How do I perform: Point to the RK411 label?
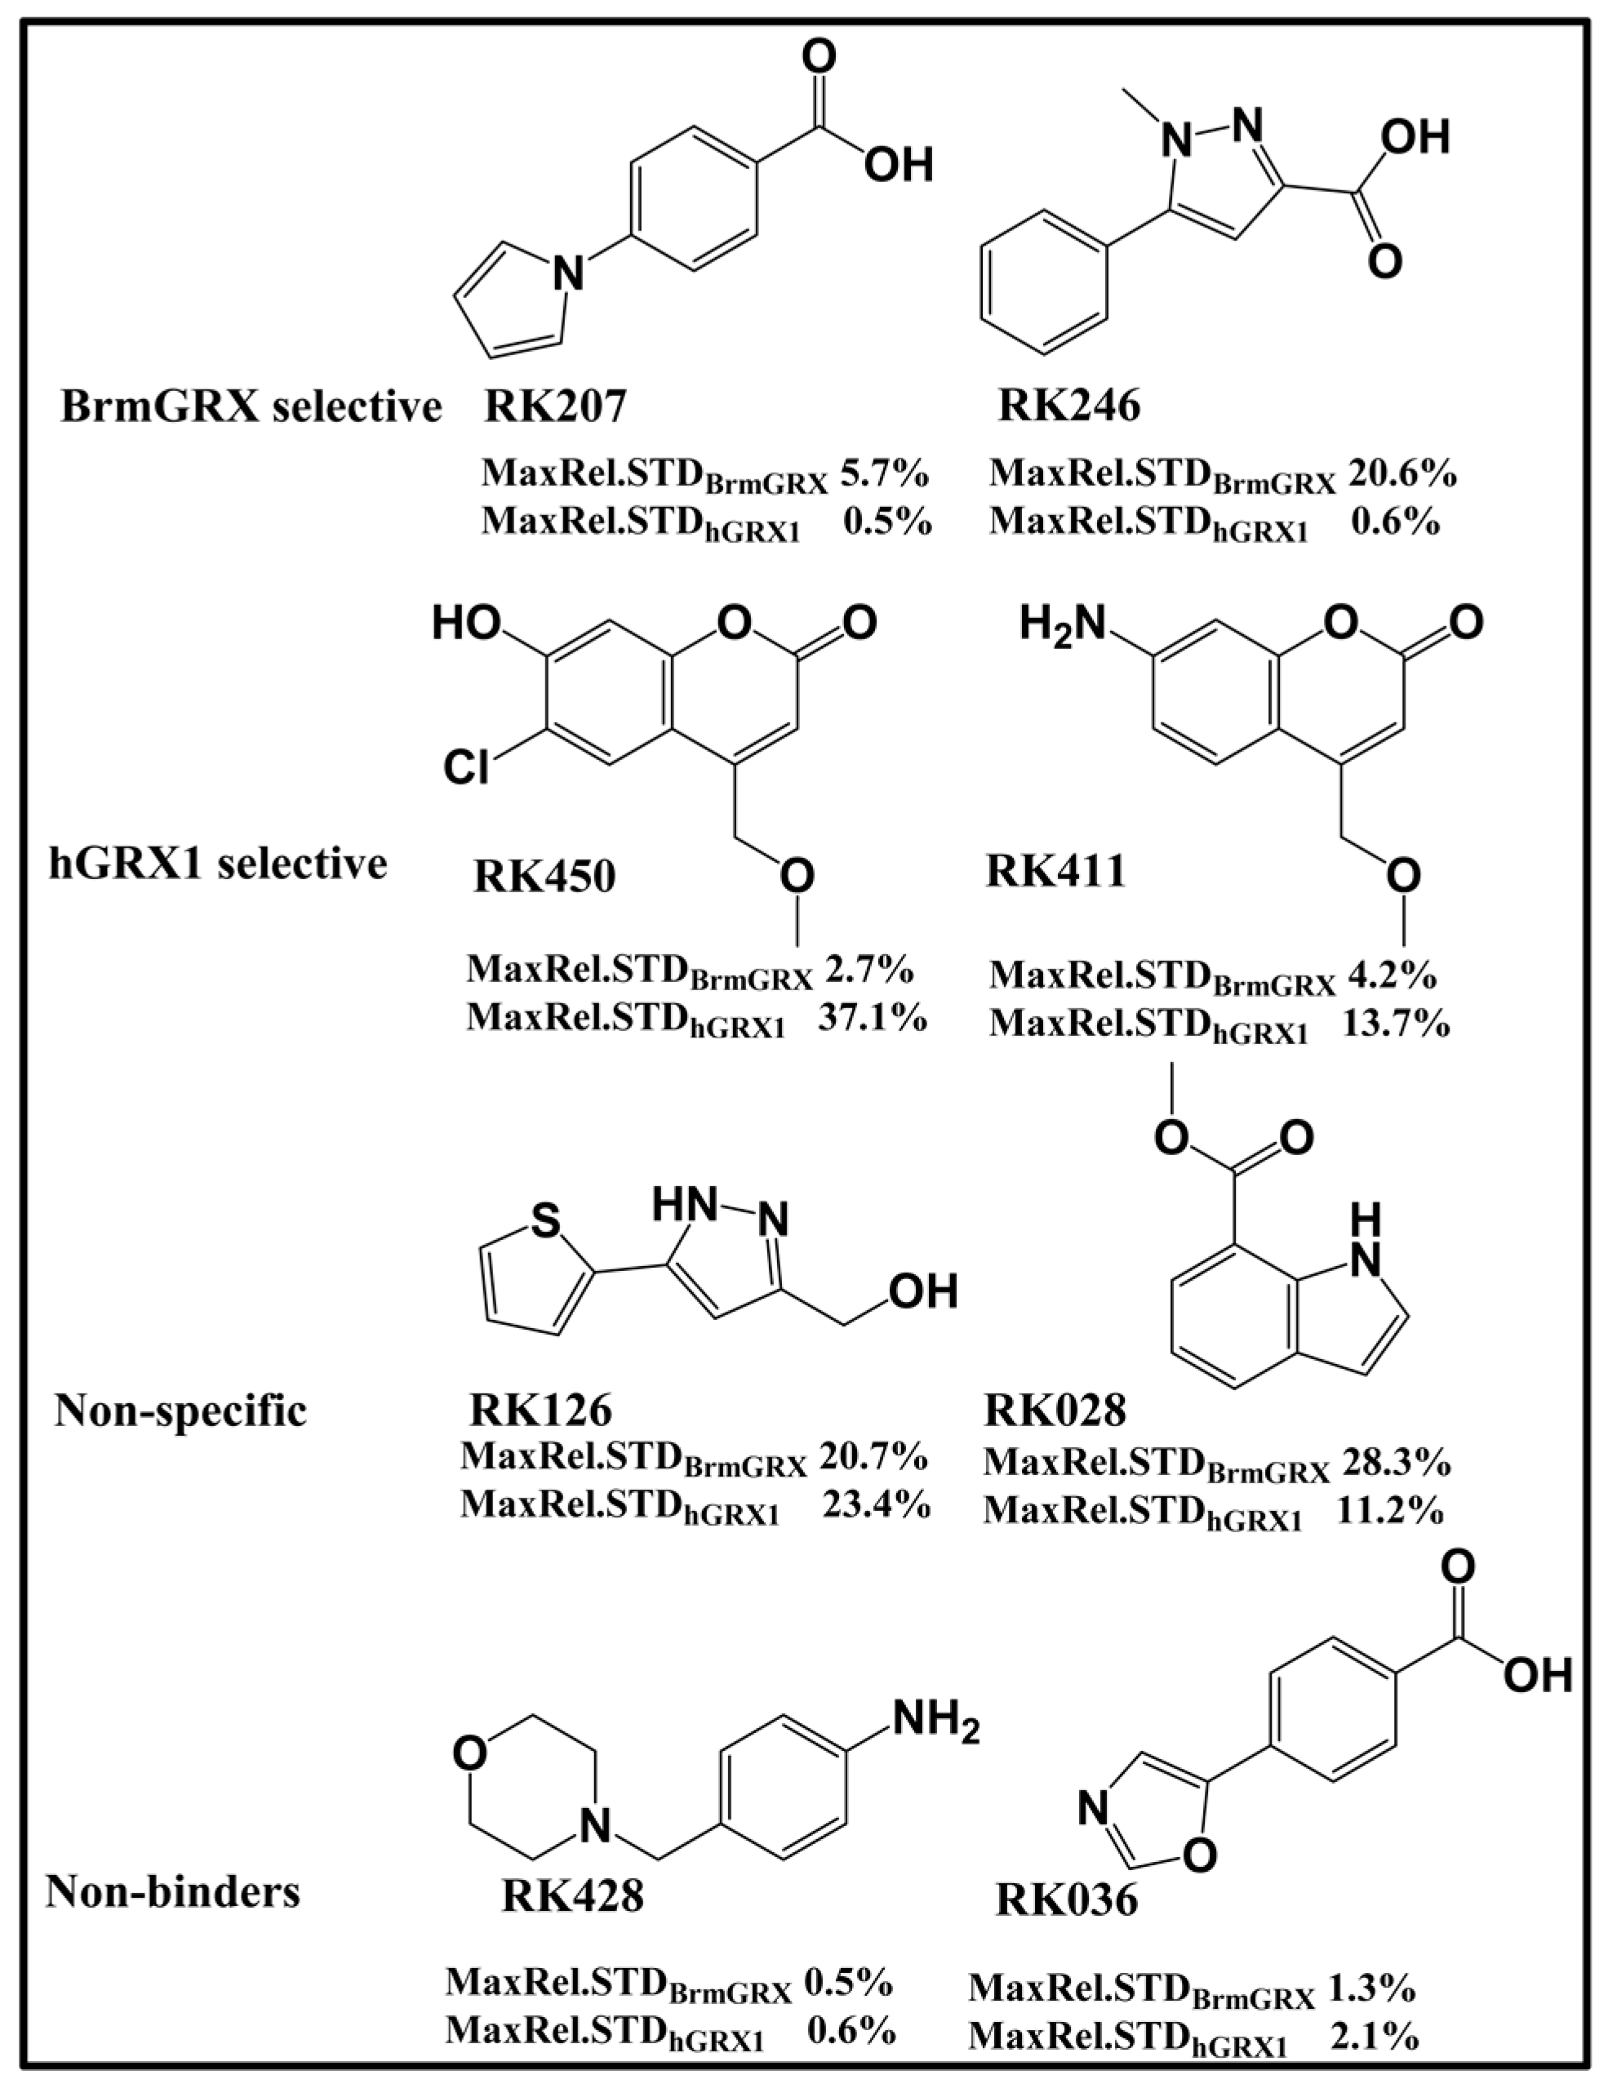pyautogui.click(x=1055, y=870)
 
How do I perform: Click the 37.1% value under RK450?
pyautogui.click(x=873, y=1018)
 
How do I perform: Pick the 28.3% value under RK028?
pyautogui.click(x=1397, y=1461)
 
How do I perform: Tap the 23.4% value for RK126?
pyautogui.click(x=876, y=1504)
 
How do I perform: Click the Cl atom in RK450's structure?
pyautogui.click(x=467, y=767)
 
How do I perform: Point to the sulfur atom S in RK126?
pyautogui.click(x=544, y=1221)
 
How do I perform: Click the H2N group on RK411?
pyautogui.click(x=1060, y=623)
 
